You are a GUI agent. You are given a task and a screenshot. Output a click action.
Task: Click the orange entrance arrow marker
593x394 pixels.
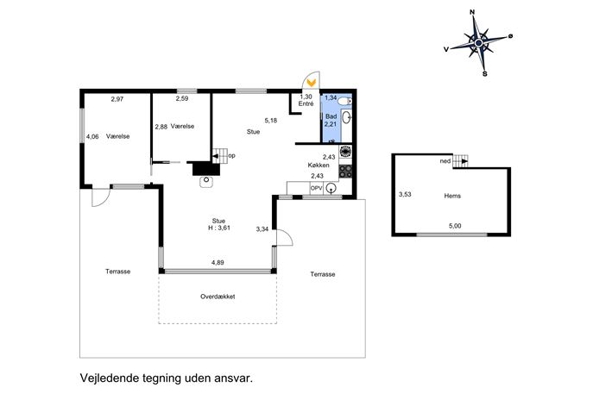(312, 82)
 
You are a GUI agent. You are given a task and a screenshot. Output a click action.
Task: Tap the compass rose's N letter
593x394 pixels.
(472, 12)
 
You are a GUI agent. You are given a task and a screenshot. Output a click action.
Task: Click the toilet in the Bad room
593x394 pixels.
(344, 101)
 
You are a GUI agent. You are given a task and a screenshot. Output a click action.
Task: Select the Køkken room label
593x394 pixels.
(319, 165)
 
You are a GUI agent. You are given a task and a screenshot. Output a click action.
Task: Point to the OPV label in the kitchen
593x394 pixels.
(317, 188)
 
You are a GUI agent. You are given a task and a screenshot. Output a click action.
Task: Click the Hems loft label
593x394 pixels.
(452, 196)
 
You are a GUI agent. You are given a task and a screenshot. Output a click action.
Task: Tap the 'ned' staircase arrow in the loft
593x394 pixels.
(461, 161)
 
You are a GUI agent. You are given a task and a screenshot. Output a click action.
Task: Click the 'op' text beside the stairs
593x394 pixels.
(232, 156)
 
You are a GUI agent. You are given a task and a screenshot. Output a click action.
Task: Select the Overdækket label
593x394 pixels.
(218, 297)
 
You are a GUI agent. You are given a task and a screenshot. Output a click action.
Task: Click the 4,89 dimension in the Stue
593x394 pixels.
(218, 263)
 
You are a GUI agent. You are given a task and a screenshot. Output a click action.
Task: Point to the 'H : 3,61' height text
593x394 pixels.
(218, 228)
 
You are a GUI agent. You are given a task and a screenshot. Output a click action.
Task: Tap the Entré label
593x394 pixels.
(306, 103)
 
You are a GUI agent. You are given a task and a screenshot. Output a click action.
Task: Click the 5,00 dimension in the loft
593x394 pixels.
(455, 226)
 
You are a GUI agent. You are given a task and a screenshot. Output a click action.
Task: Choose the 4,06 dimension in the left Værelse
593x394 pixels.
(92, 137)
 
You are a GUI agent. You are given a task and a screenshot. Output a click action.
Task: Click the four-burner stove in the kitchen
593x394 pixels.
(345, 171)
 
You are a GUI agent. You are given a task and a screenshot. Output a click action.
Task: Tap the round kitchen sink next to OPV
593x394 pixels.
(331, 188)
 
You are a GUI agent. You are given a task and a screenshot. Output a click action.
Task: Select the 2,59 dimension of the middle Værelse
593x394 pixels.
(182, 98)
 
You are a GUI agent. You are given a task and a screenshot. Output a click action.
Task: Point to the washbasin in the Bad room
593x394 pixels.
(346, 117)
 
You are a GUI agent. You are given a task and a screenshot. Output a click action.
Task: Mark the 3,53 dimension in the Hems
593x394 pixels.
(405, 195)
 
